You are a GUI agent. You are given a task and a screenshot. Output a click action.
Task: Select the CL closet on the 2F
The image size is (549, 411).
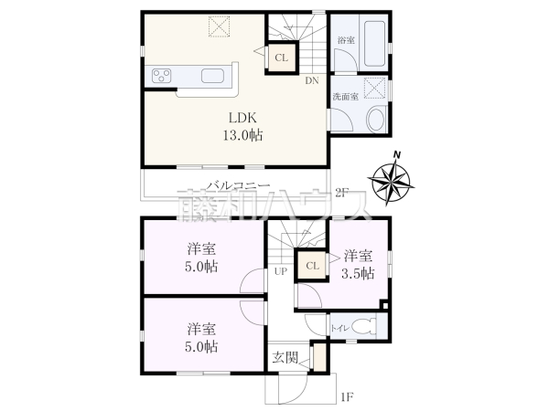click(x=282, y=58)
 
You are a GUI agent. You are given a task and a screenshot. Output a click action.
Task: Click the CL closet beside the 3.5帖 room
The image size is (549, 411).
click(x=311, y=266)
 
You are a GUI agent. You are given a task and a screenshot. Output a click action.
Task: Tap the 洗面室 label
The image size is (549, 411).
click(x=345, y=95)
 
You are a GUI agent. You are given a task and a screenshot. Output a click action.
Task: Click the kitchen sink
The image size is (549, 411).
click(x=211, y=76)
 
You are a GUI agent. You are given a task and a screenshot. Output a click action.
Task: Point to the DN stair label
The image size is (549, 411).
click(x=312, y=80)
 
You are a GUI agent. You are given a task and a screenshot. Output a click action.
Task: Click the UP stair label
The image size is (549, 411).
click(x=281, y=271)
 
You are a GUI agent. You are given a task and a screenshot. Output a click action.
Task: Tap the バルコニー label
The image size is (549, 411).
click(x=236, y=185)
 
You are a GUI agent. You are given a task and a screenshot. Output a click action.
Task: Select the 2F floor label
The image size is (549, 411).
click(x=342, y=192)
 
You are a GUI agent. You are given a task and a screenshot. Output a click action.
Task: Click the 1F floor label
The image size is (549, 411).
click(x=347, y=396)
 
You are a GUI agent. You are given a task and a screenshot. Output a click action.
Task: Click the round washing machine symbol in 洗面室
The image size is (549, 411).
click(x=374, y=119)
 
